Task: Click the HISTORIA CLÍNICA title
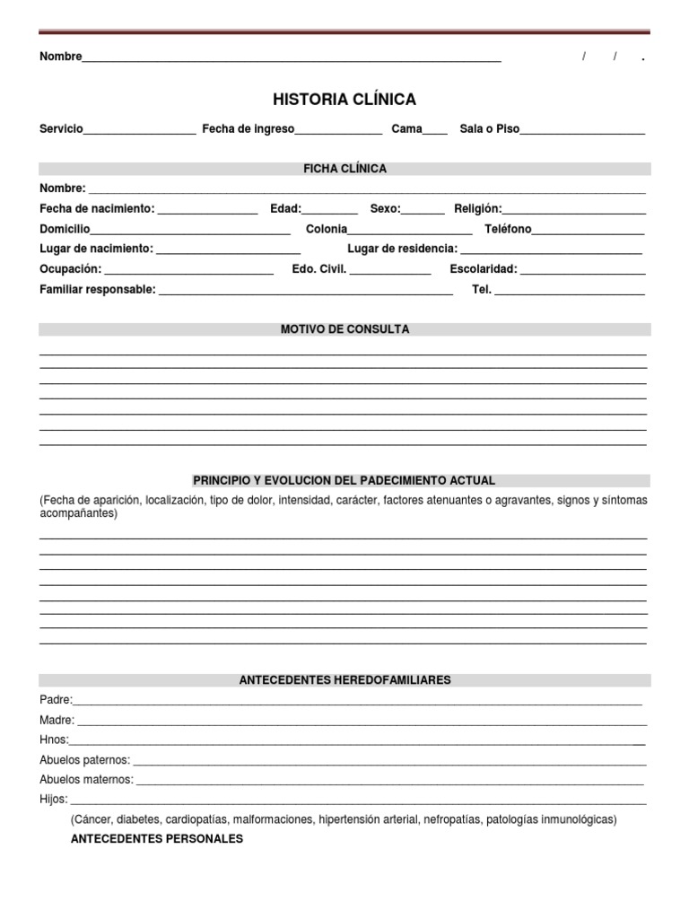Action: coord(344,100)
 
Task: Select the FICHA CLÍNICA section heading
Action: coord(344,169)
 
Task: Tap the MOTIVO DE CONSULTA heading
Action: coord(344,329)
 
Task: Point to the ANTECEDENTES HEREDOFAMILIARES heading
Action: coord(344,680)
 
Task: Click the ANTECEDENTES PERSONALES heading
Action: coord(157,839)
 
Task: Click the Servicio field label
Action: coord(61,129)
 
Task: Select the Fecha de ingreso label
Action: coord(248,129)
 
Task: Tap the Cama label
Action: coord(406,129)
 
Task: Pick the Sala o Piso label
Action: coord(489,129)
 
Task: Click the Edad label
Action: coord(285,209)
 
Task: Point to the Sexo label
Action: coord(385,209)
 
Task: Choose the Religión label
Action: coord(477,209)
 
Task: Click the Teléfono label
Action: coord(508,229)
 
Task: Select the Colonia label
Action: coord(326,229)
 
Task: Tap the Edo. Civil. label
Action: coord(318,269)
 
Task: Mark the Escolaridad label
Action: coord(484,269)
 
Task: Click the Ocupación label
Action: coord(71,269)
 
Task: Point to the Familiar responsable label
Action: coord(98,290)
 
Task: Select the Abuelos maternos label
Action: coord(86,780)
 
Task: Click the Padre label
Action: coord(56,700)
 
